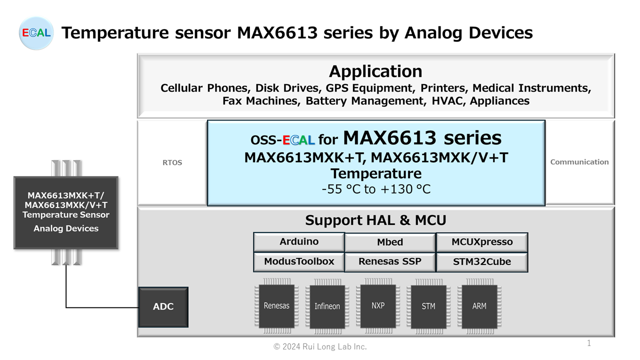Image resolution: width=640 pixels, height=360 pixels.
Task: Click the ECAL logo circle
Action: click(36, 33)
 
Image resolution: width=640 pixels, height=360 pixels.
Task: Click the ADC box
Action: click(163, 306)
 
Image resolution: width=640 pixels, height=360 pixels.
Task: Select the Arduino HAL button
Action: click(299, 241)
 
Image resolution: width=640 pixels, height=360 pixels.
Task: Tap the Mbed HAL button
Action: click(390, 242)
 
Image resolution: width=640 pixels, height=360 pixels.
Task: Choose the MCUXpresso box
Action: click(482, 242)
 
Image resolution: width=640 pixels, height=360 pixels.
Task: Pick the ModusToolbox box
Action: click(299, 261)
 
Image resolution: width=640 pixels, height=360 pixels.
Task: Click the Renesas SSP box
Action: click(390, 261)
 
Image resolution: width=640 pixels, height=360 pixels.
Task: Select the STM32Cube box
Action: click(482, 261)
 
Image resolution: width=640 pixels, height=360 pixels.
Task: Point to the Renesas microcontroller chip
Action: click(276, 305)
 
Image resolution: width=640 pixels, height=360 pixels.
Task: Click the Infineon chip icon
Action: click(327, 306)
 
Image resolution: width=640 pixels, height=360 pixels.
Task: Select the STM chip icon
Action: click(428, 306)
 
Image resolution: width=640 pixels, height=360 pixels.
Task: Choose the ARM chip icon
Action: click(479, 306)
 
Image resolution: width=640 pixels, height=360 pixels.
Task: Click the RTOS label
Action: click(172, 162)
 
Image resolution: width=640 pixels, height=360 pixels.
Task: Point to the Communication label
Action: click(579, 162)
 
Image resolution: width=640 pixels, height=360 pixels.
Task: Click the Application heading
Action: click(375, 71)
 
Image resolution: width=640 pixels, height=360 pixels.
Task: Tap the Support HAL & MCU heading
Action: click(375, 220)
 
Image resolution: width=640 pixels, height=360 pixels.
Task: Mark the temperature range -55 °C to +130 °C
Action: click(375, 189)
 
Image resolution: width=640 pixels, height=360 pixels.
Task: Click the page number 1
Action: click(589, 343)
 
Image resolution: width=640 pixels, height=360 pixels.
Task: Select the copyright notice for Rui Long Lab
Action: click(320, 346)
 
